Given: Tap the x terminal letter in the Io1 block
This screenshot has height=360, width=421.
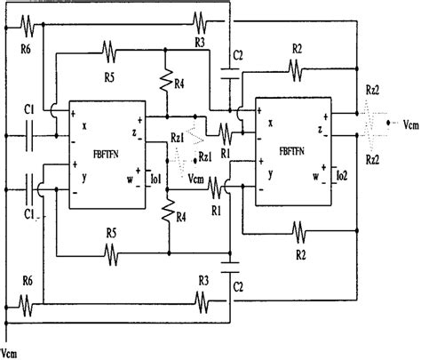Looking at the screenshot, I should pos(84,126).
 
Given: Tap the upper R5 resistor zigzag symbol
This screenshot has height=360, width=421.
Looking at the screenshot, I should pos(108,50).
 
